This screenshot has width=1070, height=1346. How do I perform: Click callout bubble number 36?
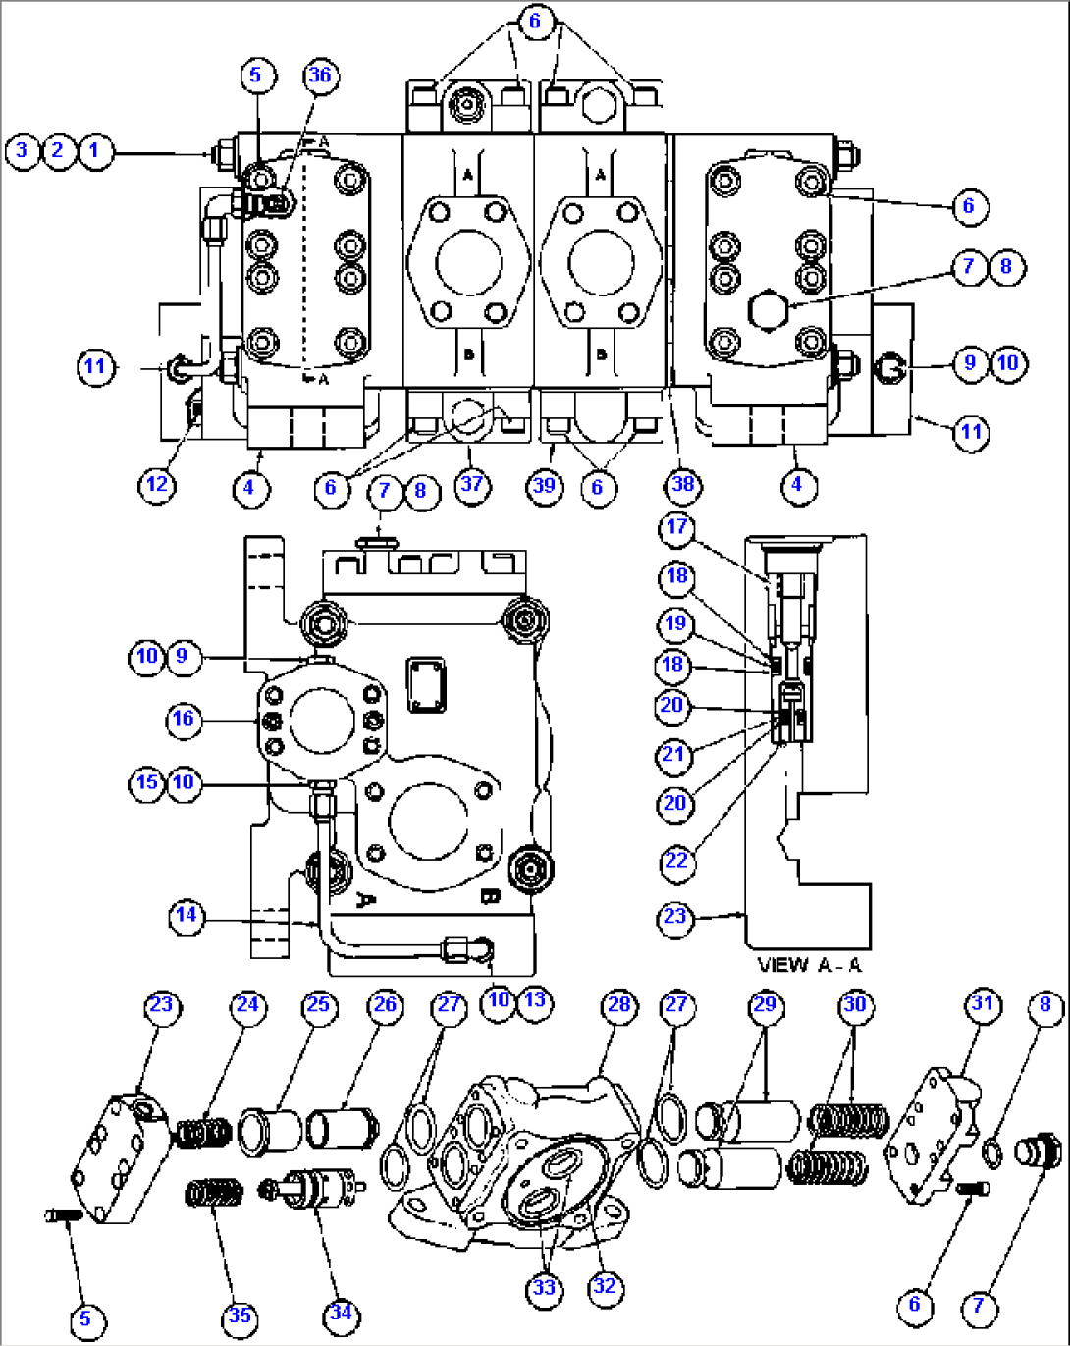[x=320, y=76]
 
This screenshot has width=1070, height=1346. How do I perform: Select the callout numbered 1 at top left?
[x=95, y=151]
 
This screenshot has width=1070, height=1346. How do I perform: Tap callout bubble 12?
[x=157, y=485]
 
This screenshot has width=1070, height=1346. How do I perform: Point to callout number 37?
[x=472, y=484]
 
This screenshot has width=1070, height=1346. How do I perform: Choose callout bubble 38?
[x=682, y=484]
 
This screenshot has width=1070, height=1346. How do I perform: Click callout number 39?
[x=544, y=485]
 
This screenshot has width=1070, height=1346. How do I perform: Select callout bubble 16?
[x=184, y=719]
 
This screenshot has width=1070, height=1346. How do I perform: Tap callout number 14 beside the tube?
[x=186, y=916]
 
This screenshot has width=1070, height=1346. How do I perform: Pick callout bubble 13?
[x=535, y=999]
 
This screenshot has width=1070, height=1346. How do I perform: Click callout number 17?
[x=676, y=527]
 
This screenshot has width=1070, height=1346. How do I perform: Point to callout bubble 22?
[x=676, y=861]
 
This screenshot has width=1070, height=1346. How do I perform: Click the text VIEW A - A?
[x=810, y=965]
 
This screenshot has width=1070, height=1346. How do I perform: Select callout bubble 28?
[x=618, y=1004]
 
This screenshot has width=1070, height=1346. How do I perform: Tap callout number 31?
[x=983, y=1004]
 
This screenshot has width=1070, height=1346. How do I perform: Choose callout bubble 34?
[x=340, y=1313]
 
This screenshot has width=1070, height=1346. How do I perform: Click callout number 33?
[x=544, y=1288]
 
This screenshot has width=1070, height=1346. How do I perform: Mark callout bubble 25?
[x=318, y=1005]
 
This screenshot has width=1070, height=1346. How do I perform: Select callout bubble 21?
[x=673, y=754]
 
